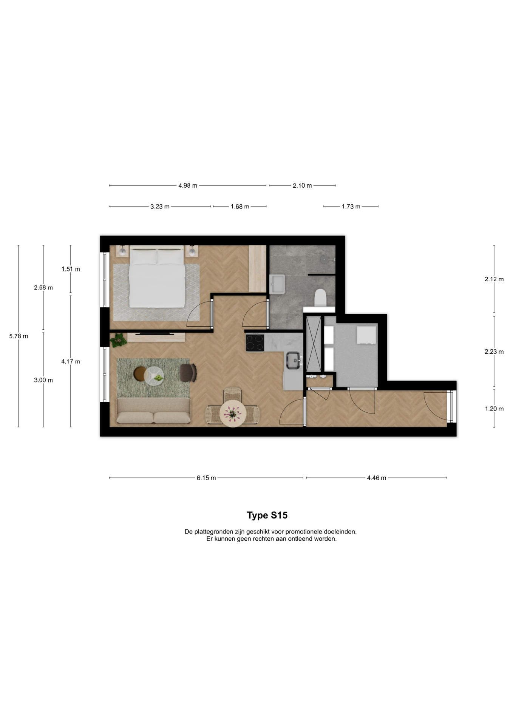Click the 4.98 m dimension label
click(x=188, y=185)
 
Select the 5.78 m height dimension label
click(x=19, y=336)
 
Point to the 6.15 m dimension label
click(x=206, y=478)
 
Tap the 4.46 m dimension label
click(x=377, y=478)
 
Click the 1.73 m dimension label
click(x=351, y=207)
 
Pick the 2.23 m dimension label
click(x=494, y=352)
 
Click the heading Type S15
click(x=267, y=515)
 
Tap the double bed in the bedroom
click(x=157, y=276)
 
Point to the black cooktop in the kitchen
click(x=255, y=342)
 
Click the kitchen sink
click(x=294, y=360)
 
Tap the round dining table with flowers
click(x=233, y=413)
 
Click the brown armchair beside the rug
click(x=188, y=373)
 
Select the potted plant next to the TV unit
click(x=119, y=340)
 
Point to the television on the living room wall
click(x=155, y=333)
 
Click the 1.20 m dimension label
click(x=494, y=409)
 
